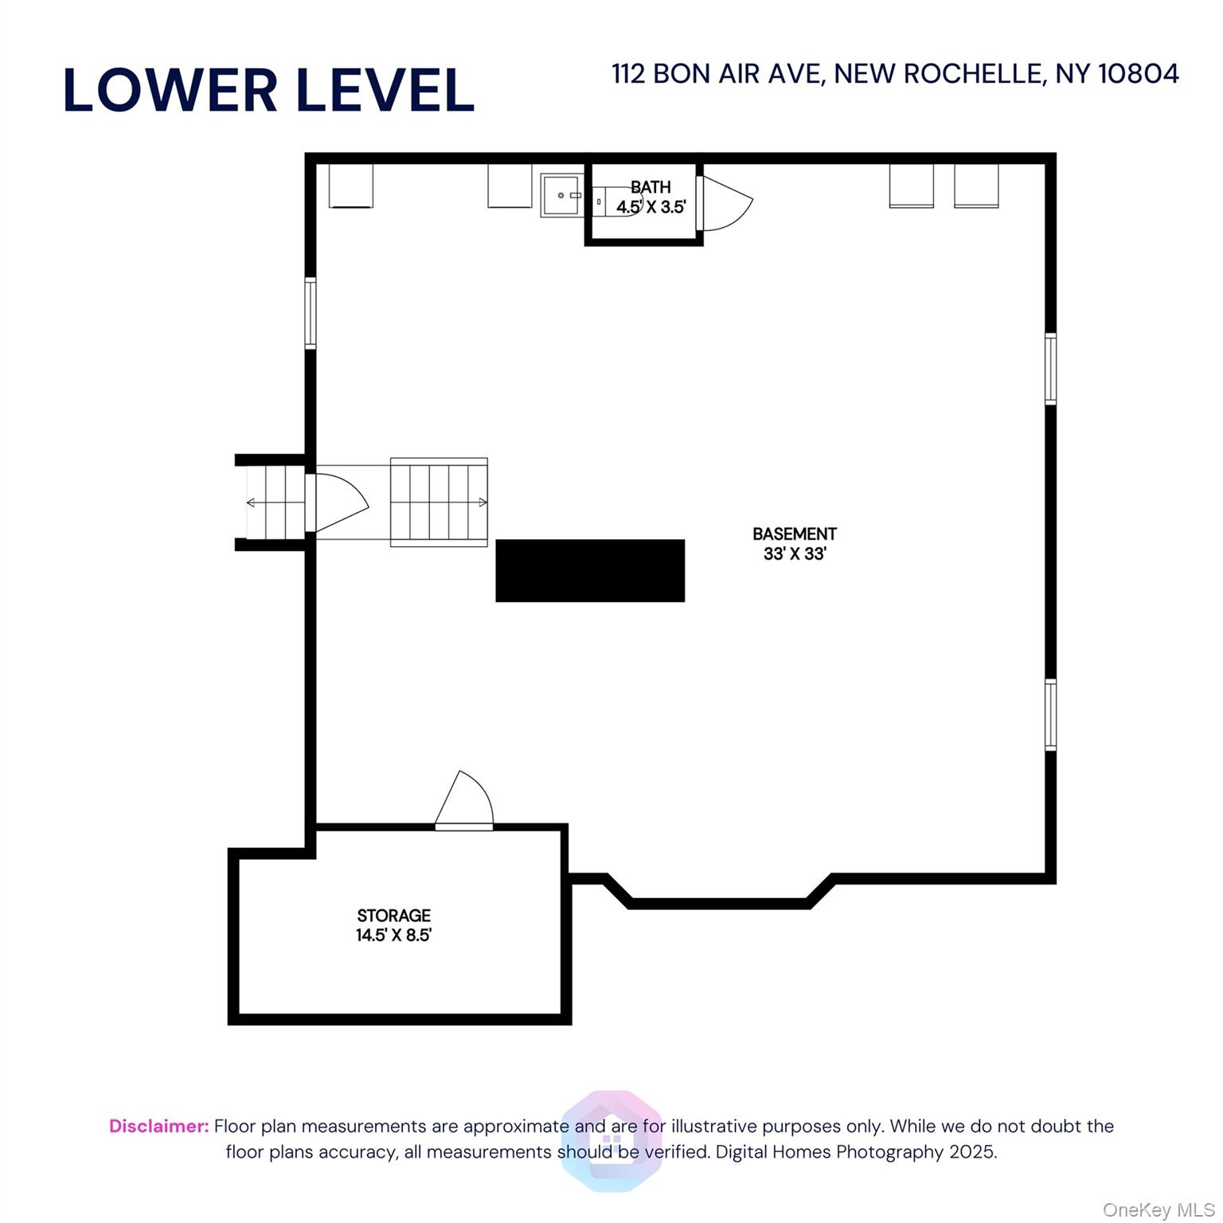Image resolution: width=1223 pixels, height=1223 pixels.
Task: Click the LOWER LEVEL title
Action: pyautogui.click(x=268, y=89)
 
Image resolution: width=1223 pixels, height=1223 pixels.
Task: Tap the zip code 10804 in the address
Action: pyautogui.click(x=1138, y=74)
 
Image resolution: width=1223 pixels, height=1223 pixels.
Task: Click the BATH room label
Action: pyautogui.click(x=651, y=187)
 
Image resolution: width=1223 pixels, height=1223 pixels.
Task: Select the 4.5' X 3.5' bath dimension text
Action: pyautogui.click(x=651, y=207)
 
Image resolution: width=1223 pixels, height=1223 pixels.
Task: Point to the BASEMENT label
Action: pyautogui.click(x=795, y=533)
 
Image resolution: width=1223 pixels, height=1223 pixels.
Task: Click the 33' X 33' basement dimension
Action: pyautogui.click(x=795, y=553)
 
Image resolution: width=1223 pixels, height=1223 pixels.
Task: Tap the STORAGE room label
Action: pyautogui.click(x=393, y=916)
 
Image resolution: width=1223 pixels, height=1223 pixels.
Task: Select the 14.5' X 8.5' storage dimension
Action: pyautogui.click(x=393, y=935)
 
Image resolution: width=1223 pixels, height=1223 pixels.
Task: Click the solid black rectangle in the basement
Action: pyautogui.click(x=590, y=570)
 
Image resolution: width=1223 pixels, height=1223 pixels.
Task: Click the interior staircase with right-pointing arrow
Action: pyautogui.click(x=439, y=502)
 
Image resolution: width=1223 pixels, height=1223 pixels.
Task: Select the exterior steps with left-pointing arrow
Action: pyautogui.click(x=275, y=502)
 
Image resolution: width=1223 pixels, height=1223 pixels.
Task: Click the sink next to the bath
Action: pyautogui.click(x=562, y=195)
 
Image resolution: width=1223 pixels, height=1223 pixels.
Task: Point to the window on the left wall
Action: pyautogui.click(x=311, y=313)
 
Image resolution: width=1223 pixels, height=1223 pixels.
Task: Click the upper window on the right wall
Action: pyautogui.click(x=1051, y=369)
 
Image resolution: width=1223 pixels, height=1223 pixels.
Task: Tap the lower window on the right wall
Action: pyautogui.click(x=1051, y=714)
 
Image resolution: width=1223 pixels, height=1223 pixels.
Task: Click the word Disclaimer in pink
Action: pyautogui.click(x=159, y=1126)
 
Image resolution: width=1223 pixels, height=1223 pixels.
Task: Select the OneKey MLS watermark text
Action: pyautogui.click(x=1159, y=1210)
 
